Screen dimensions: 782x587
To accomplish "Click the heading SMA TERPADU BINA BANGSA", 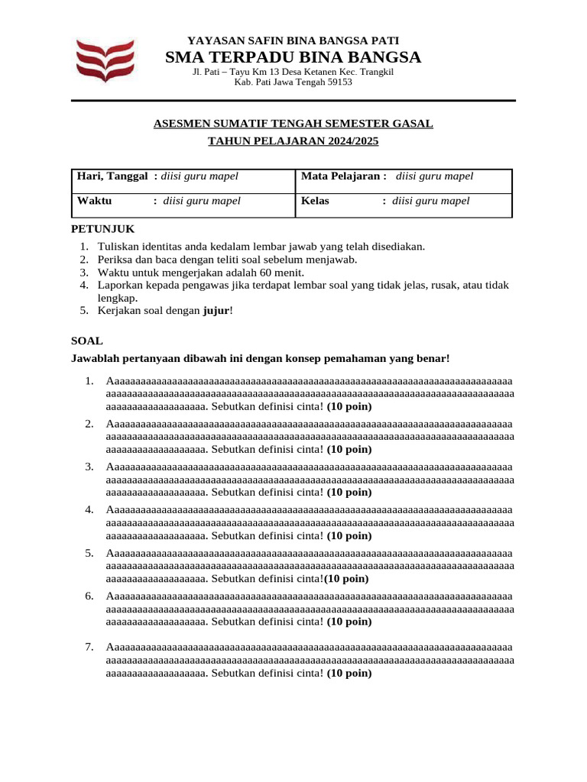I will click(293, 58).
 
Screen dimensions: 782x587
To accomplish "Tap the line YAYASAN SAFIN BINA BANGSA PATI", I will click(293, 40).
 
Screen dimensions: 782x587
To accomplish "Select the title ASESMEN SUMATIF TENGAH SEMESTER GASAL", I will click(293, 123).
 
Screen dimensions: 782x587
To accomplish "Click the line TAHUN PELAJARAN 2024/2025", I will click(293, 141).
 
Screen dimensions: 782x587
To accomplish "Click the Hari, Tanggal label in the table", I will click(112, 176).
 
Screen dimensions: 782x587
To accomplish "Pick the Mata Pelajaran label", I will click(343, 176).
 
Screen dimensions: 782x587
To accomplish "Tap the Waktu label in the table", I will click(94, 201).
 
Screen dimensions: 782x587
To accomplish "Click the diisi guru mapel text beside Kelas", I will click(430, 201).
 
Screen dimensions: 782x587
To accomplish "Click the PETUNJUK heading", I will click(102, 229).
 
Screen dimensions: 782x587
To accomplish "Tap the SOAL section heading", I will click(86, 341).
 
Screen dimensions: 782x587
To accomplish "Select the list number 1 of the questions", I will click(89, 381).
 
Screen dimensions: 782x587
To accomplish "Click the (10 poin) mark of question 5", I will click(348, 578).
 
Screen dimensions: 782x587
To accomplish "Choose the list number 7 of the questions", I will click(89, 648).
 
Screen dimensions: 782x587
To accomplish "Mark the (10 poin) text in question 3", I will click(349, 493).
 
